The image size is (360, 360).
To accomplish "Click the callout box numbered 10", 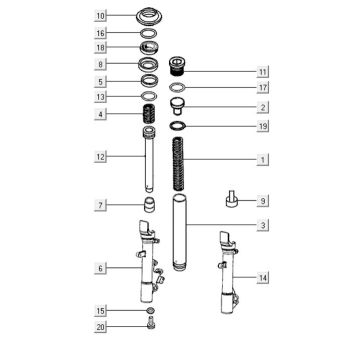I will click(100, 17).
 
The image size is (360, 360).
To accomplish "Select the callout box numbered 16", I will click(100, 33).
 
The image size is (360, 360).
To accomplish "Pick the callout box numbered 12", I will click(100, 157).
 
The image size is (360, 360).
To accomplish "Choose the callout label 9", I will click(263, 200).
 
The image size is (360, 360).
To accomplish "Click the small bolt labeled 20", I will click(148, 327).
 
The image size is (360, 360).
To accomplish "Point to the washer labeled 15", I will click(147, 312).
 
